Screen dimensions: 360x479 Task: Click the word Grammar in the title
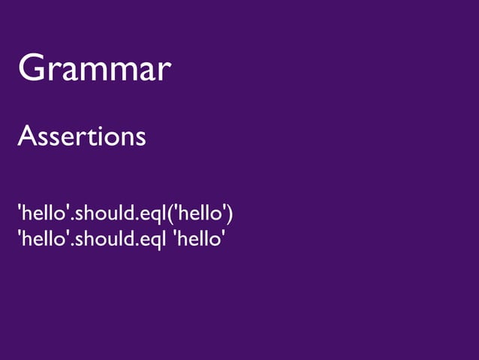[x=95, y=70]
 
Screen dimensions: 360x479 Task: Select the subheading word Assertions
[x=81, y=137]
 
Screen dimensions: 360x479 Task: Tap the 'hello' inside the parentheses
[x=199, y=214]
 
